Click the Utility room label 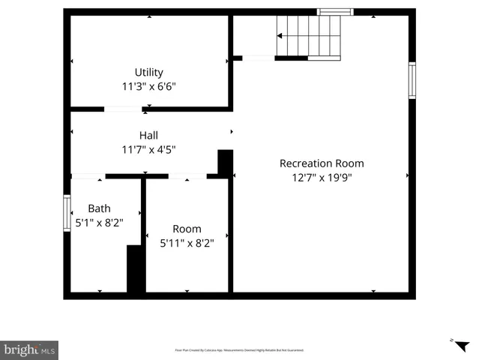(148, 73)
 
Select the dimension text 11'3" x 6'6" (148, 86)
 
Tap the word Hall (148, 135)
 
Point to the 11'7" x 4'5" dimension (148, 148)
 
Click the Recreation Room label (322, 163)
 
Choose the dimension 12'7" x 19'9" (322, 177)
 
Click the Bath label (99, 208)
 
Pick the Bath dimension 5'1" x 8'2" (99, 222)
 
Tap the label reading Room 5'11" (187, 229)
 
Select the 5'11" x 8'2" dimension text (187, 242)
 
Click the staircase (309, 36)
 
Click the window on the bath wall (67, 213)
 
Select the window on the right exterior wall (412, 80)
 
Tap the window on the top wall (334, 12)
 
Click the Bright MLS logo (29, 350)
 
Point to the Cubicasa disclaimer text (239, 350)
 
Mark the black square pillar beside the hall (225, 162)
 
